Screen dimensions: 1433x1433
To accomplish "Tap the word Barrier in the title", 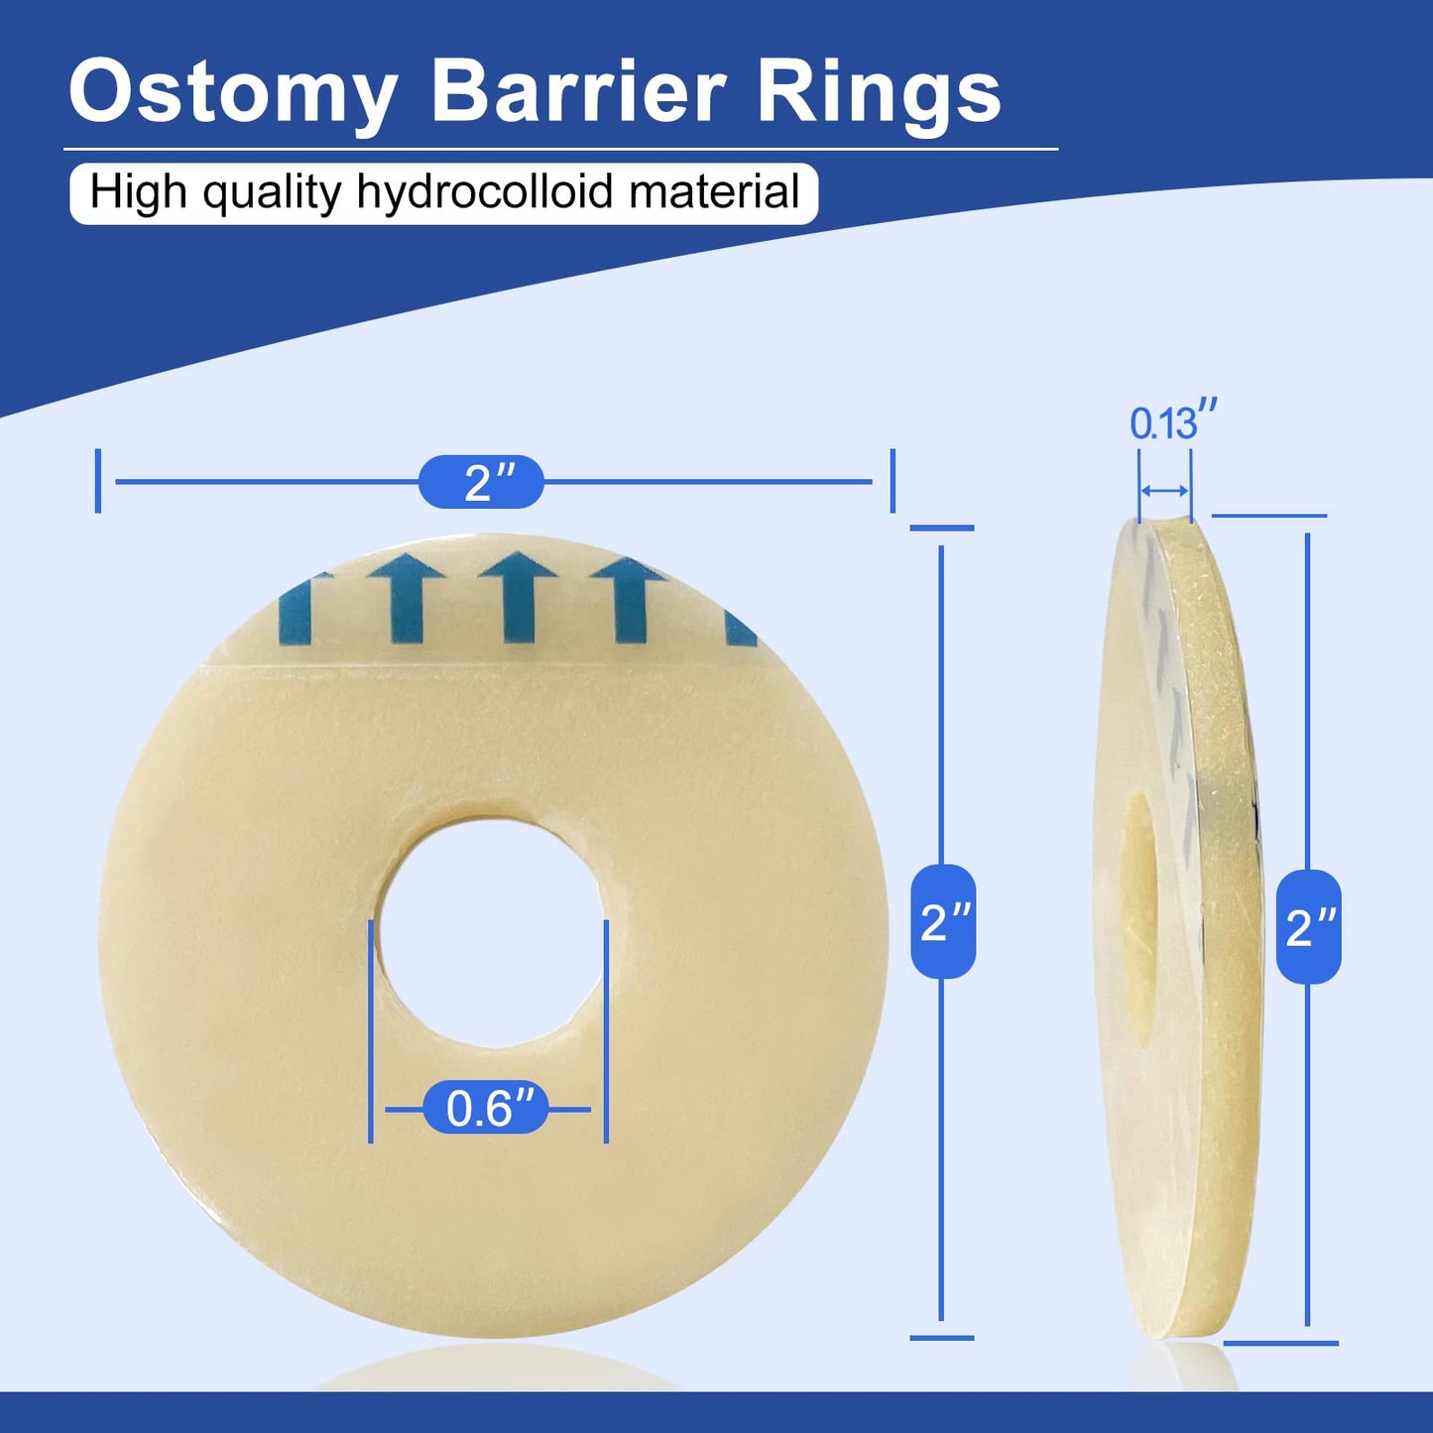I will click(578, 92).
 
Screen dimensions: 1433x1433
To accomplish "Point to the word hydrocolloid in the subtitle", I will click(485, 191).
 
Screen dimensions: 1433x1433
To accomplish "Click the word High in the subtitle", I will click(138, 191).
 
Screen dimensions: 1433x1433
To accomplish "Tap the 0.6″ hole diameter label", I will click(486, 1108).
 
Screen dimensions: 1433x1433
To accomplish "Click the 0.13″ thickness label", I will click(1172, 422).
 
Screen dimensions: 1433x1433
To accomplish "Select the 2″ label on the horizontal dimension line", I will click(482, 482).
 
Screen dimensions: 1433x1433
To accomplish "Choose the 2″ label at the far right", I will click(1309, 927).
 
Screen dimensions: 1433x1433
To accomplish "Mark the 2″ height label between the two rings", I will click(943, 921).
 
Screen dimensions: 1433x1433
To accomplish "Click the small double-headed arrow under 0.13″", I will click(1164, 491).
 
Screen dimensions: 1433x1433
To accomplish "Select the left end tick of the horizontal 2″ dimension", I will click(98, 481).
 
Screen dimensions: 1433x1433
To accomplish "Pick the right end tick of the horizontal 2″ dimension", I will click(893, 481).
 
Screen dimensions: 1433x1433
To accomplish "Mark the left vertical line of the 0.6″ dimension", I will click(371, 1031).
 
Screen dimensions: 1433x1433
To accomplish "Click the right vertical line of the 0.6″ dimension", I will click(606, 1031).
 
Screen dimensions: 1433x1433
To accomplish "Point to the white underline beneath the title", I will click(560, 150).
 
